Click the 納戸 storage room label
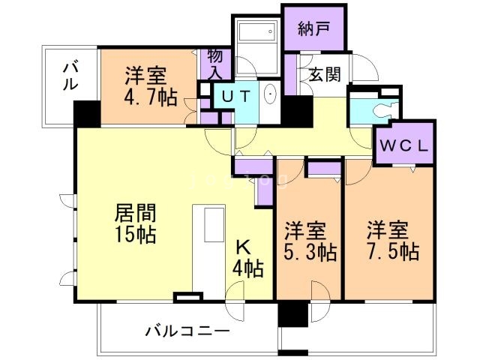[x=312, y=30]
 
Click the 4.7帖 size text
[x=147, y=97]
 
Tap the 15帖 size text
[x=136, y=234]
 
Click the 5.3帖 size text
[x=309, y=250]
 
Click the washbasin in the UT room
[x=270, y=95]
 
